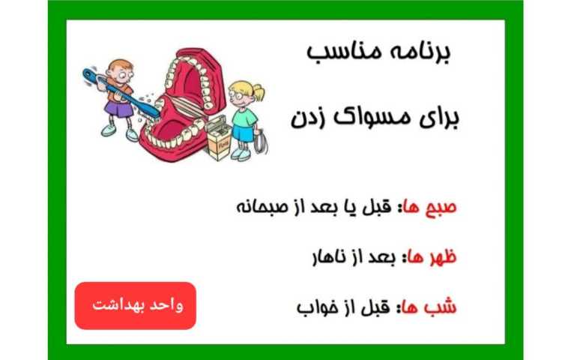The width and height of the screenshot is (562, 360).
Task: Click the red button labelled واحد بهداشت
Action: (135, 305)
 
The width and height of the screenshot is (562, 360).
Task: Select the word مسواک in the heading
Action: (363, 118)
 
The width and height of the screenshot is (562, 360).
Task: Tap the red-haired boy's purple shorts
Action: (116, 109)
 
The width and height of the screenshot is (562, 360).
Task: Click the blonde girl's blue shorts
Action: (241, 135)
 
